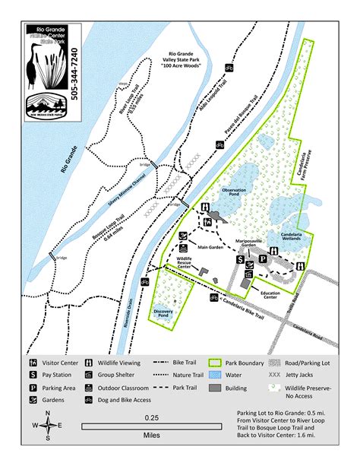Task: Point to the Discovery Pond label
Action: coord(165,312)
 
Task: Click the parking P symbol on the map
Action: coord(262,259)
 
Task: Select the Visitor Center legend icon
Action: coord(34,363)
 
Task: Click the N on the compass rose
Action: coord(48,414)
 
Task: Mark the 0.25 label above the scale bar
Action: coord(153,417)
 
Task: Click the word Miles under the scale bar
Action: coord(153,436)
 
